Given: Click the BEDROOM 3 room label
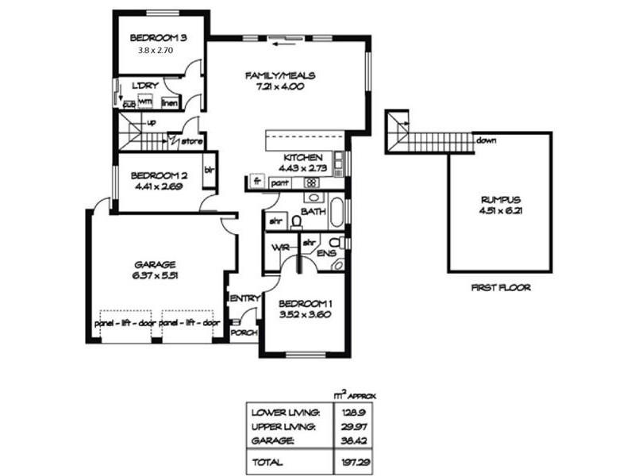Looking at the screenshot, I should pyautogui.click(x=158, y=36).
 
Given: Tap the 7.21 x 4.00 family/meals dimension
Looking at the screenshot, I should pyautogui.click(x=280, y=86).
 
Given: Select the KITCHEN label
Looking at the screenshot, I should pyautogui.click(x=302, y=157).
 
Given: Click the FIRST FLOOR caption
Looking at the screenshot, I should pyautogui.click(x=500, y=288).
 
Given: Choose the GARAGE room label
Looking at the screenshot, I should pyautogui.click(x=155, y=265).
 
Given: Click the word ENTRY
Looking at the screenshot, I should pyautogui.click(x=244, y=298).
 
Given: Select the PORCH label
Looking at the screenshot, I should pyautogui.click(x=243, y=333).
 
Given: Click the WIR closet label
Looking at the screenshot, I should pyautogui.click(x=279, y=248).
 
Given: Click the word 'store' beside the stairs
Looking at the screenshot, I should pyautogui.click(x=192, y=142).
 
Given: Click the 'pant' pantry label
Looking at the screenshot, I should pyautogui.click(x=279, y=182).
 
